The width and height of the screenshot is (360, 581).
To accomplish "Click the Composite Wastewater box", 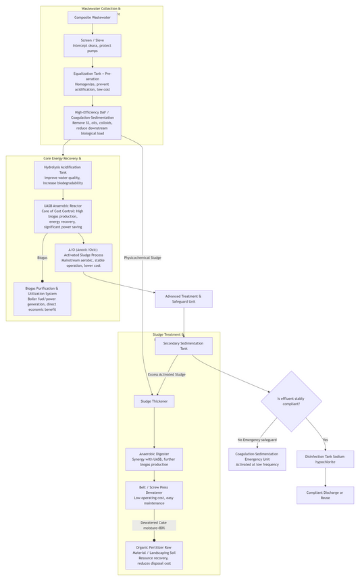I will [92, 18].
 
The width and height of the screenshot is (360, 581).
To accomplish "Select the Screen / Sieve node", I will [93, 45].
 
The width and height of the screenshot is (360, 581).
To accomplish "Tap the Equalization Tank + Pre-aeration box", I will [93, 81].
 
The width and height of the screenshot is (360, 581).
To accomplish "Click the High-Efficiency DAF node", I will [93, 123].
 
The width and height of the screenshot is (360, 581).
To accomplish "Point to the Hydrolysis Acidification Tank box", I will [63, 175].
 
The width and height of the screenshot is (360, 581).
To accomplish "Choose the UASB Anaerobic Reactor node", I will [63, 216].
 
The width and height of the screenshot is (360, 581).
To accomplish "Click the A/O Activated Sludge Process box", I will [83, 257].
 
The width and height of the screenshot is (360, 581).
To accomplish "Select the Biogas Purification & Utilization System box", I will [43, 299].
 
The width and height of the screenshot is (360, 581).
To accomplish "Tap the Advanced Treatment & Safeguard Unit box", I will [184, 299].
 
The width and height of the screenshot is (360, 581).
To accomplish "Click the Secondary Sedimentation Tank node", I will [184, 346].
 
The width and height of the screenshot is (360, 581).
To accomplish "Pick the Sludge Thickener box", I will [154, 401].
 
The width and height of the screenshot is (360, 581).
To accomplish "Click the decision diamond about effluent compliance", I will [291, 401].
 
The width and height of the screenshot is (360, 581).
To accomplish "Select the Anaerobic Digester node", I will [154, 459].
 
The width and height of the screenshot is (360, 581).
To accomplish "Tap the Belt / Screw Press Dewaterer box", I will [154, 495].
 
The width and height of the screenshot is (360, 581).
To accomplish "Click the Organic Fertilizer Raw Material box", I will [154, 555].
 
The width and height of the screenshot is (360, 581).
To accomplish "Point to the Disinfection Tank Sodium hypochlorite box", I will [325, 459].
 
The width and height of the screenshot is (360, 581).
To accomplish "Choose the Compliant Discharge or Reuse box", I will [325, 495].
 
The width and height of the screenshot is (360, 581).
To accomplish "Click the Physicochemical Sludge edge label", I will [143, 257].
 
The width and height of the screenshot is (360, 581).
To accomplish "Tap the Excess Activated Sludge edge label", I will [166, 374].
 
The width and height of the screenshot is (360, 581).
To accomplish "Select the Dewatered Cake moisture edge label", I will [154, 525].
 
